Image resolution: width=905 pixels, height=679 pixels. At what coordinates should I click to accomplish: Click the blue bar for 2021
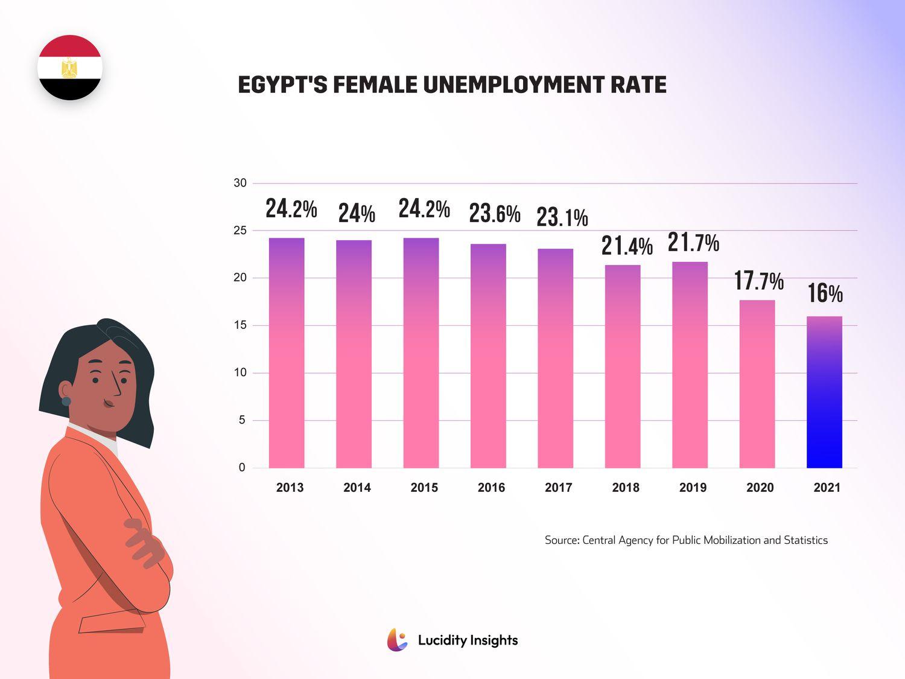click(824, 392)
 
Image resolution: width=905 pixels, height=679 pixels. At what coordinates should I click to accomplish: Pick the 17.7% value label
click(758, 281)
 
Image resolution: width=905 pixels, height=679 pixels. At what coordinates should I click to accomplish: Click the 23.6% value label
click(495, 214)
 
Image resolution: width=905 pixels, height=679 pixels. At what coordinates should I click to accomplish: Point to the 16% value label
click(825, 294)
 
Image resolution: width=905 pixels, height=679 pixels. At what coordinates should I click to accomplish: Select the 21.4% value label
click(627, 246)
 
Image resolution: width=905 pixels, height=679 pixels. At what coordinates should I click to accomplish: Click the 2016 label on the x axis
click(491, 488)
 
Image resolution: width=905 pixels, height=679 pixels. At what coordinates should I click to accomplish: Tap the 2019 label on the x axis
click(693, 488)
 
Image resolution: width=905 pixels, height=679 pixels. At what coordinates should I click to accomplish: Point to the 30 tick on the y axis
click(240, 183)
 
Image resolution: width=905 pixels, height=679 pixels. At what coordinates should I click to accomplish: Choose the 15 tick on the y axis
click(240, 325)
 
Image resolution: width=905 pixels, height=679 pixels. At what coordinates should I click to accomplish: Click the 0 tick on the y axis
click(242, 468)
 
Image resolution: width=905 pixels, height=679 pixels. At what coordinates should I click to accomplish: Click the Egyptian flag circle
click(70, 68)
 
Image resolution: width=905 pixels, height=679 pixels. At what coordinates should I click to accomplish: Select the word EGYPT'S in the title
click(282, 85)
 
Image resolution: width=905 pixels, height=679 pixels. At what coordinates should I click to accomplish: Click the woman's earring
click(66, 401)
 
